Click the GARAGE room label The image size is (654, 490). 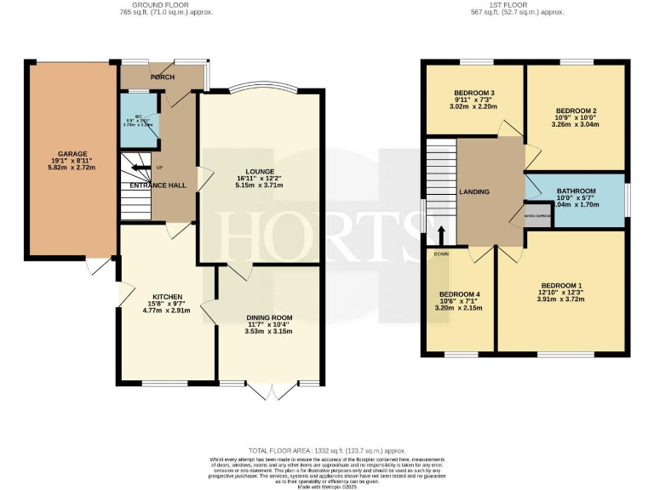pyautogui.click(x=72, y=154)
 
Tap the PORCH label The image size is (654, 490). pyautogui.click(x=162, y=77)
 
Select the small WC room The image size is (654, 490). pyautogui.click(x=140, y=120)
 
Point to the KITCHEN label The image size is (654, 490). pyautogui.click(x=168, y=298)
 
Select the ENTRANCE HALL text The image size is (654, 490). pyautogui.click(x=158, y=185)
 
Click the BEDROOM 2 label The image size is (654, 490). pyautogui.click(x=576, y=111)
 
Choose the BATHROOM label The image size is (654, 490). pyautogui.click(x=576, y=191)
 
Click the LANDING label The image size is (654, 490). pyautogui.click(x=473, y=192)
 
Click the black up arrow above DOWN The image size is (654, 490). pyautogui.click(x=441, y=235)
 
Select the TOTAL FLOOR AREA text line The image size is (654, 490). pyautogui.click(x=327, y=450)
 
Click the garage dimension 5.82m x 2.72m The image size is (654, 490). pyautogui.click(x=72, y=169)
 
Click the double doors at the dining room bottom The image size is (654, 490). pyautogui.click(x=272, y=390)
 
